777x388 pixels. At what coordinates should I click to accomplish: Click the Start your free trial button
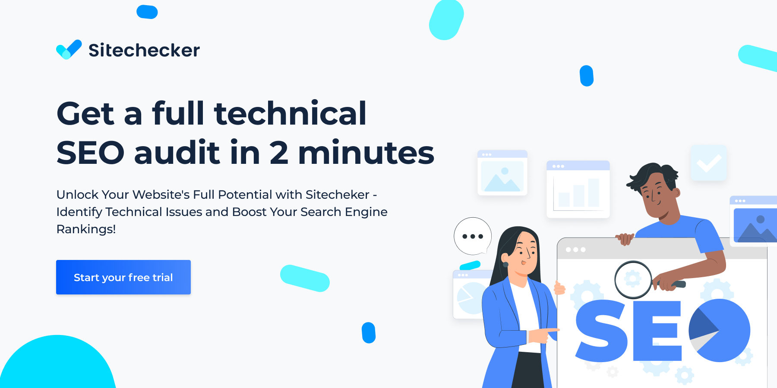coord(123,277)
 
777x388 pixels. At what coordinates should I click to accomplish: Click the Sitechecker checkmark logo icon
coord(69,50)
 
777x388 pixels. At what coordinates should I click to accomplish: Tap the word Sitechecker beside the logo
coord(144,50)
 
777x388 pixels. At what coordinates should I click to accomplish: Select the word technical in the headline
coord(290,113)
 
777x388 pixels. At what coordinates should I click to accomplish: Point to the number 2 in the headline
coord(279,153)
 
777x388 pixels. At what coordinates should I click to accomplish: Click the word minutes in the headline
coord(366,153)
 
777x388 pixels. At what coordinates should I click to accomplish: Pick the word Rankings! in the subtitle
coord(86,229)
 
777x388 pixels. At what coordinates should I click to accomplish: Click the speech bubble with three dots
coord(472,236)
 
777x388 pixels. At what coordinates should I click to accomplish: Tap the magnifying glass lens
coord(633,279)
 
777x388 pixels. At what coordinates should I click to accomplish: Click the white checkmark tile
coord(708,163)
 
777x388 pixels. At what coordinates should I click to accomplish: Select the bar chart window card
coord(578,189)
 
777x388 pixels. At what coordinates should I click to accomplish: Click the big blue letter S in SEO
coord(601,331)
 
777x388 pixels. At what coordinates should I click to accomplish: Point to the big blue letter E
coord(657,331)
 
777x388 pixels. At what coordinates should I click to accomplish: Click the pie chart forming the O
coord(720,330)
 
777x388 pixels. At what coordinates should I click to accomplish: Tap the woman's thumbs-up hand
coord(559,287)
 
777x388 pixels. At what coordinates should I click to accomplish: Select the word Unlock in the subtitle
coord(78,194)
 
